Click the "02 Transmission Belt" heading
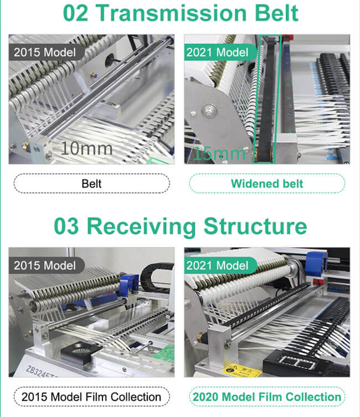point(181,13)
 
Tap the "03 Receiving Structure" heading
point(180,226)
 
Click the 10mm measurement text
point(86,148)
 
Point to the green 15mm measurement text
point(219,153)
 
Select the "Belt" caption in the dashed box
point(91,183)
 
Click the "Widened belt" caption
point(267,183)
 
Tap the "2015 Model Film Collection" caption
point(91,397)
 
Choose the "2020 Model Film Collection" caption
point(267,397)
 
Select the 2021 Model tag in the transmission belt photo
point(220,52)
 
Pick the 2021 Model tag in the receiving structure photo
point(220,265)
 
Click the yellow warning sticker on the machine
point(240,370)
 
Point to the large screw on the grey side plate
point(208,110)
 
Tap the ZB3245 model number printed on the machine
point(41,372)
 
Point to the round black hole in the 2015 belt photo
point(110,60)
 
